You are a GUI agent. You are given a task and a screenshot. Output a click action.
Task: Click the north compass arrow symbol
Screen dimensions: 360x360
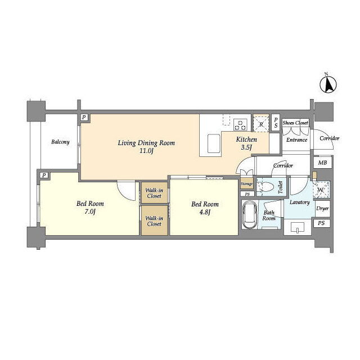pyautogui.click(x=328, y=84)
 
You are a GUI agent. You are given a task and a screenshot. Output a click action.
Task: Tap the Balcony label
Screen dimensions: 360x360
pyautogui.click(x=60, y=142)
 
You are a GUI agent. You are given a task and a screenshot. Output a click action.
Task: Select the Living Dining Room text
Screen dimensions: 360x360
pyautogui.click(x=146, y=143)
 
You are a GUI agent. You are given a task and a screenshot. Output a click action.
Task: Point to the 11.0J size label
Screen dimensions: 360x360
pyautogui.click(x=146, y=151)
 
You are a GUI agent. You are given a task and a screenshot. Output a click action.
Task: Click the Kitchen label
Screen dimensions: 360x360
pyautogui.click(x=246, y=139)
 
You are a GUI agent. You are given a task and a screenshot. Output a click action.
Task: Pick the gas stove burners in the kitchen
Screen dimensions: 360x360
pyautogui.click(x=240, y=125)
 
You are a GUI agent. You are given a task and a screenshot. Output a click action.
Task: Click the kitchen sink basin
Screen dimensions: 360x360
pyautogui.click(x=214, y=143)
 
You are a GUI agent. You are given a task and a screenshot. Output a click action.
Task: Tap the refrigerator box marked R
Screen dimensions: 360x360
pyautogui.click(x=261, y=124)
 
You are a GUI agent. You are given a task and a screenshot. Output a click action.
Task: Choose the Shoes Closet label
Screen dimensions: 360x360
pyautogui.click(x=295, y=123)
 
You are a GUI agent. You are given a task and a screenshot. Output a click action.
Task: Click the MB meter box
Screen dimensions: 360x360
pyautogui.click(x=322, y=163)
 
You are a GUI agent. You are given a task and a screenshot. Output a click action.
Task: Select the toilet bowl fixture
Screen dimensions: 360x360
pyautogui.click(x=267, y=187)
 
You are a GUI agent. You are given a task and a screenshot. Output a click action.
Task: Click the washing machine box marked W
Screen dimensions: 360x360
pyautogui.click(x=321, y=190)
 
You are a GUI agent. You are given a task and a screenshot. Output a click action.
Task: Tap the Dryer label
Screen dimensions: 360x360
pyautogui.click(x=322, y=209)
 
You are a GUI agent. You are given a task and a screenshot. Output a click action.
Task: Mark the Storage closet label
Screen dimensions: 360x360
pyautogui.click(x=246, y=184)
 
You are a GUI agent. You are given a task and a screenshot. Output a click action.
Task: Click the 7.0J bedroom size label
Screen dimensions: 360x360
pyautogui.click(x=90, y=211)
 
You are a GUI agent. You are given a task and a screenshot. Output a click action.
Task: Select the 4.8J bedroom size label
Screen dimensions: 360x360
pyautogui.click(x=205, y=212)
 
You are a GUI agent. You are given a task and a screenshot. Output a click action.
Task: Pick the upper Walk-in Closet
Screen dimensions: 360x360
pyautogui.click(x=154, y=193)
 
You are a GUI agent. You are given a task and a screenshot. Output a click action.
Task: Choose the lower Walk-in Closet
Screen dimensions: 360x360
pyautogui.click(x=154, y=220)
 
